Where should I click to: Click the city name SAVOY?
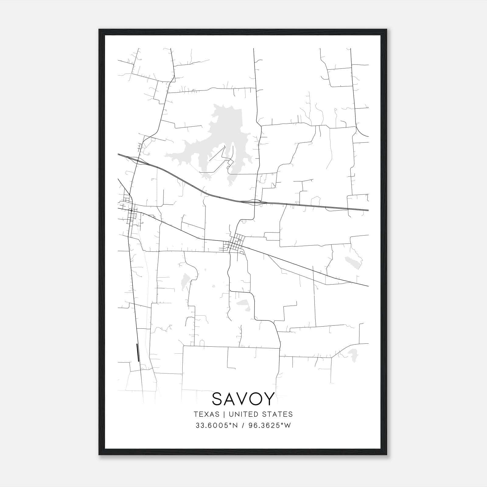(x=243, y=399)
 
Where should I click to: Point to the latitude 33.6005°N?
(x=216, y=426)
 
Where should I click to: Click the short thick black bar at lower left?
(x=138, y=352)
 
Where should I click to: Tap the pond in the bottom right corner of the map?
(x=353, y=354)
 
